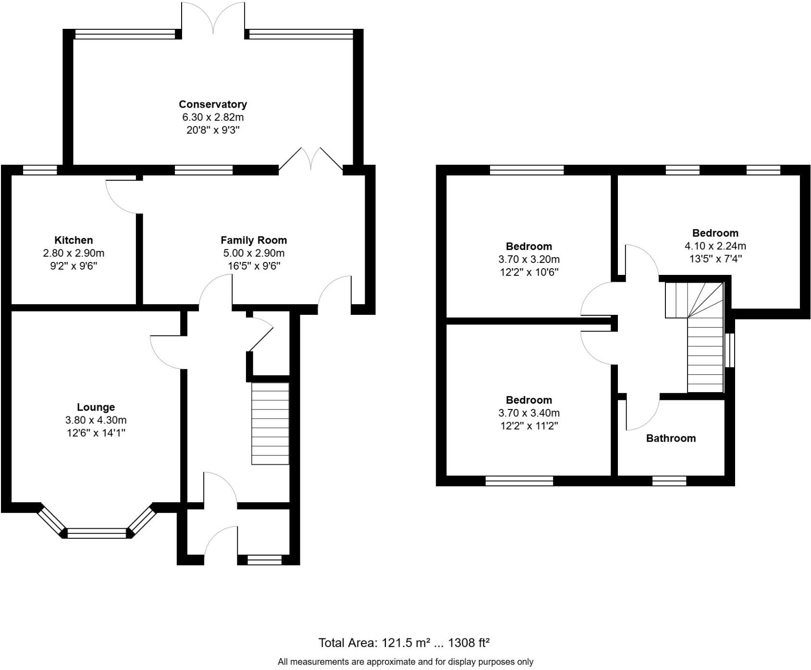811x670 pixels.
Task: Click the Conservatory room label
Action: [x=213, y=104]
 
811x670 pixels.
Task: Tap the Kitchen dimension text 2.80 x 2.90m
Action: [x=73, y=253]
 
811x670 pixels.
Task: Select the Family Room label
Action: [x=254, y=240]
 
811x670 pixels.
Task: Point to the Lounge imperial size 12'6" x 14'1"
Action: [x=96, y=433]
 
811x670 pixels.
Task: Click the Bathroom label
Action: [x=671, y=438]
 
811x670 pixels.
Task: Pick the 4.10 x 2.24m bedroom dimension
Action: [x=715, y=246]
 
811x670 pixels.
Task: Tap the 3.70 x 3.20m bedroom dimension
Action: [x=529, y=260]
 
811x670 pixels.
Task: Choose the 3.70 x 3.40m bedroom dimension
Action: [x=529, y=413]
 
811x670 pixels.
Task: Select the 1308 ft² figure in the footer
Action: [x=468, y=643]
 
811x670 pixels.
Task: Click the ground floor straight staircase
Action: [x=270, y=423]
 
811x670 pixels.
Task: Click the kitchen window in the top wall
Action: [x=40, y=170]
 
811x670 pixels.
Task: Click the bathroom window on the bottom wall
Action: [x=669, y=481]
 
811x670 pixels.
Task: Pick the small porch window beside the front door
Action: [x=264, y=560]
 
